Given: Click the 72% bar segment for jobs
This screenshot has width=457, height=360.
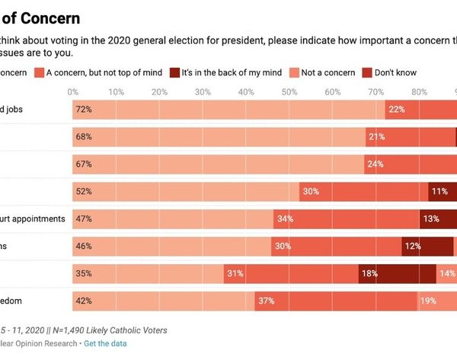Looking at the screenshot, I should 228,110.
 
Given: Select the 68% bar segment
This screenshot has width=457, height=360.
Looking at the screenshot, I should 219,137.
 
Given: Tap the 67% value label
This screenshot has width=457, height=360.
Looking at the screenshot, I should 84,164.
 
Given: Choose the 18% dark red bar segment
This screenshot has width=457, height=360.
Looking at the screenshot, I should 397,274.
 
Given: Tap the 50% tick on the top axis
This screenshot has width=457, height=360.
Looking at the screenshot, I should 289,92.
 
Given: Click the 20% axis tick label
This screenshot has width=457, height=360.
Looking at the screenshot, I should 159,92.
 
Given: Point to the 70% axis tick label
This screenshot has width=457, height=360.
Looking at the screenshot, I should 376,92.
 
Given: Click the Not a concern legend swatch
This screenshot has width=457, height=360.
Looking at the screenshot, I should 295,72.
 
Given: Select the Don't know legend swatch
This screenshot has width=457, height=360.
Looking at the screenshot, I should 368,72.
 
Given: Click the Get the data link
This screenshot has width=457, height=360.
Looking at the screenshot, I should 106,343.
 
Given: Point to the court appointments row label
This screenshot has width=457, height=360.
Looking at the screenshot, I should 33,218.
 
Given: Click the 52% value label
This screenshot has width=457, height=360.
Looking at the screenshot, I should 84,192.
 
